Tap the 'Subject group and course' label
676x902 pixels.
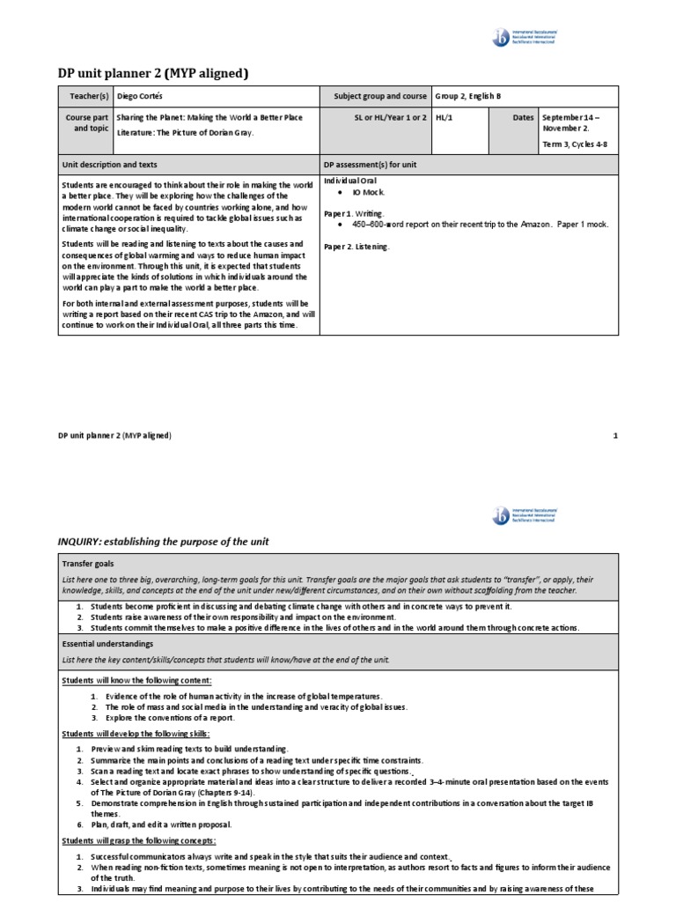click(380, 96)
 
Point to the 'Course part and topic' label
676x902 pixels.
click(85, 122)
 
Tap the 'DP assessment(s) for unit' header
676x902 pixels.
click(370, 165)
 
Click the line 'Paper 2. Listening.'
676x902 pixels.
click(356, 247)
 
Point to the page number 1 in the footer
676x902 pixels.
click(615, 435)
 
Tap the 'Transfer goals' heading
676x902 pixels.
click(88, 563)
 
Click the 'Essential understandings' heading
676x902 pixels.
click(107, 644)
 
